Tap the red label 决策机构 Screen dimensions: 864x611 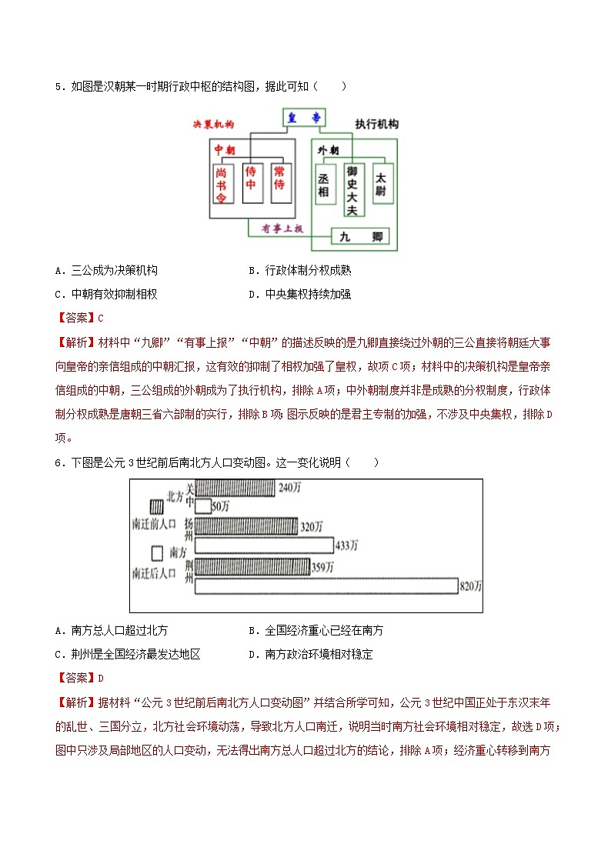[214, 124]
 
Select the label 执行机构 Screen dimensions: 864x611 [377, 124]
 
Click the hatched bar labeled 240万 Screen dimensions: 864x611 [235, 488]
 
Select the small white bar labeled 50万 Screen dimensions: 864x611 [204, 505]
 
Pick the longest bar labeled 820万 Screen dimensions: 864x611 [326, 586]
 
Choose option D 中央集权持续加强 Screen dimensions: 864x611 [308, 294]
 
